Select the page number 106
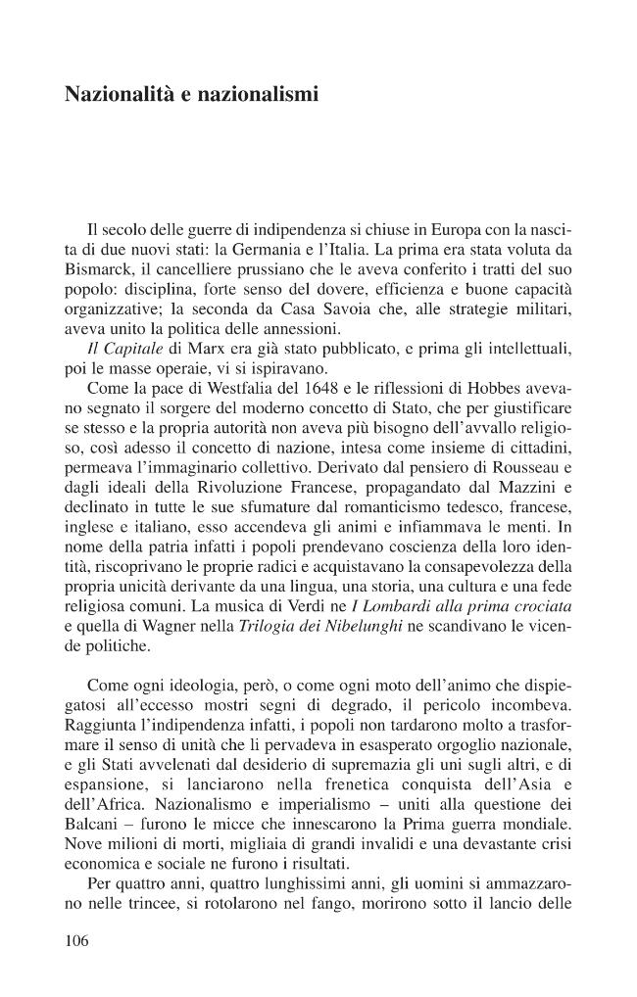pos(76,941)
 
